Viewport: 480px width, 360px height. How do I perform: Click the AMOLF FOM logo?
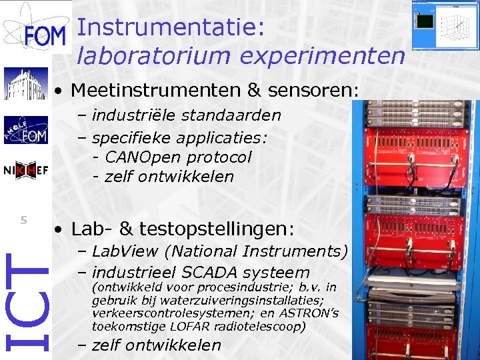25,129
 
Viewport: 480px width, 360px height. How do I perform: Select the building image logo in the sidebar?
25,83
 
